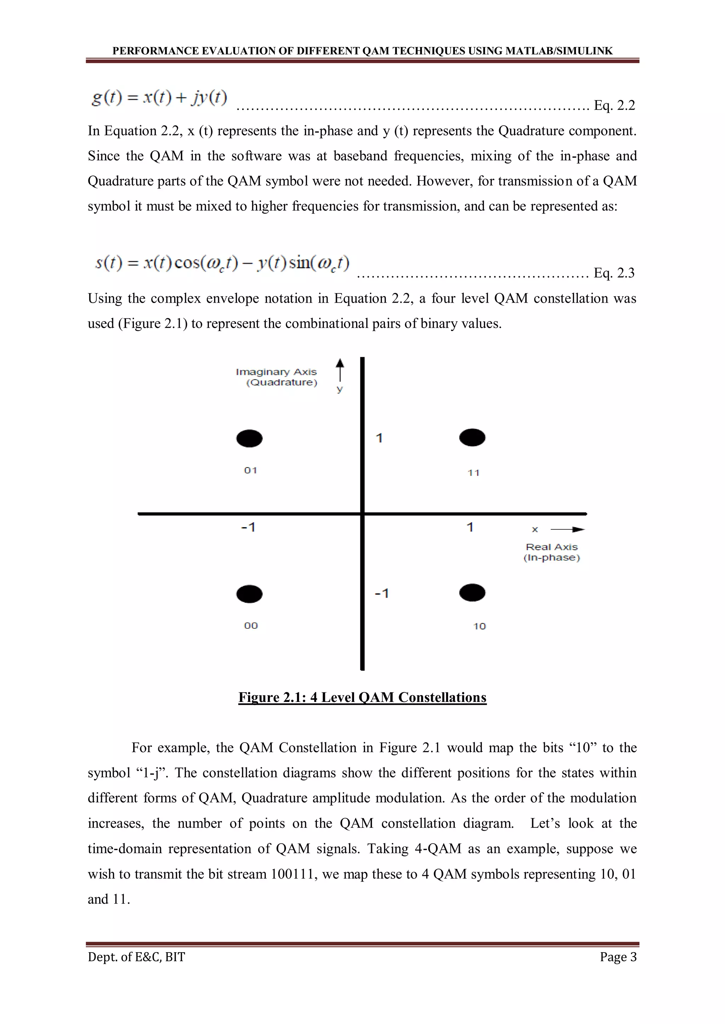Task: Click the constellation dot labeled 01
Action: coord(249,438)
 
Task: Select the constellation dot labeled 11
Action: coord(472,437)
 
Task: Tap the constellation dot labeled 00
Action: coord(249,594)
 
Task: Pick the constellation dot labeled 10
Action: coord(472,593)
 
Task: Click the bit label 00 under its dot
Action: coord(251,626)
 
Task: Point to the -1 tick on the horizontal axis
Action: coord(248,527)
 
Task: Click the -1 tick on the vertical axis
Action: coord(382,593)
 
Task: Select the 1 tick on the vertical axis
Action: coord(379,438)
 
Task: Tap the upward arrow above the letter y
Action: coord(340,370)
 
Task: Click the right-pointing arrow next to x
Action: coord(568,529)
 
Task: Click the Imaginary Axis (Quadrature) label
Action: coord(277,377)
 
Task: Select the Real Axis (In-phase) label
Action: coord(552,552)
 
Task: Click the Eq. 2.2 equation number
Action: coord(614,105)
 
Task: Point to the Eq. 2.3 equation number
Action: coord(614,273)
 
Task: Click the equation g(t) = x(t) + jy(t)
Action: coord(159,97)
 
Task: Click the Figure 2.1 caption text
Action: coord(362,697)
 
